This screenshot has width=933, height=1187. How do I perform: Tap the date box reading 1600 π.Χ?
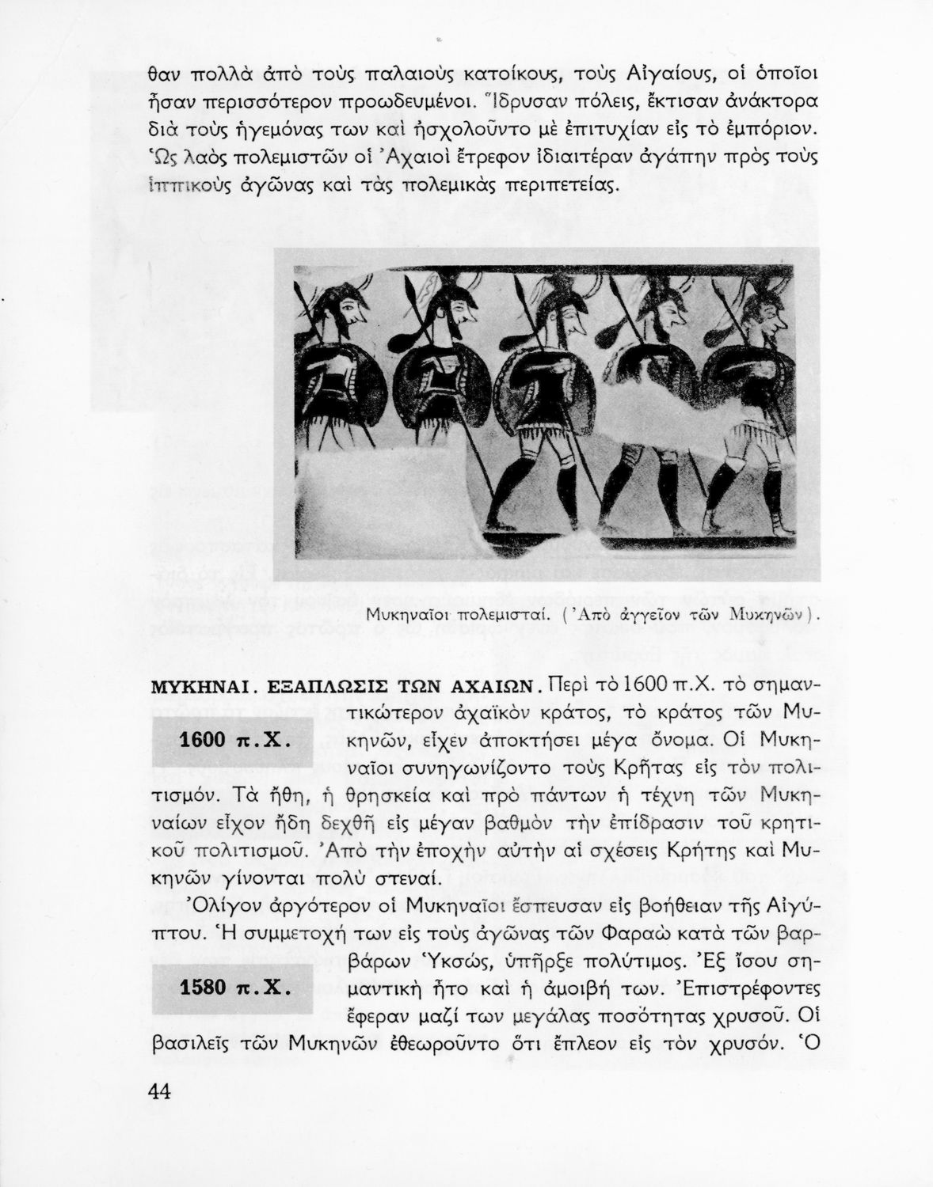(x=232, y=742)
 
